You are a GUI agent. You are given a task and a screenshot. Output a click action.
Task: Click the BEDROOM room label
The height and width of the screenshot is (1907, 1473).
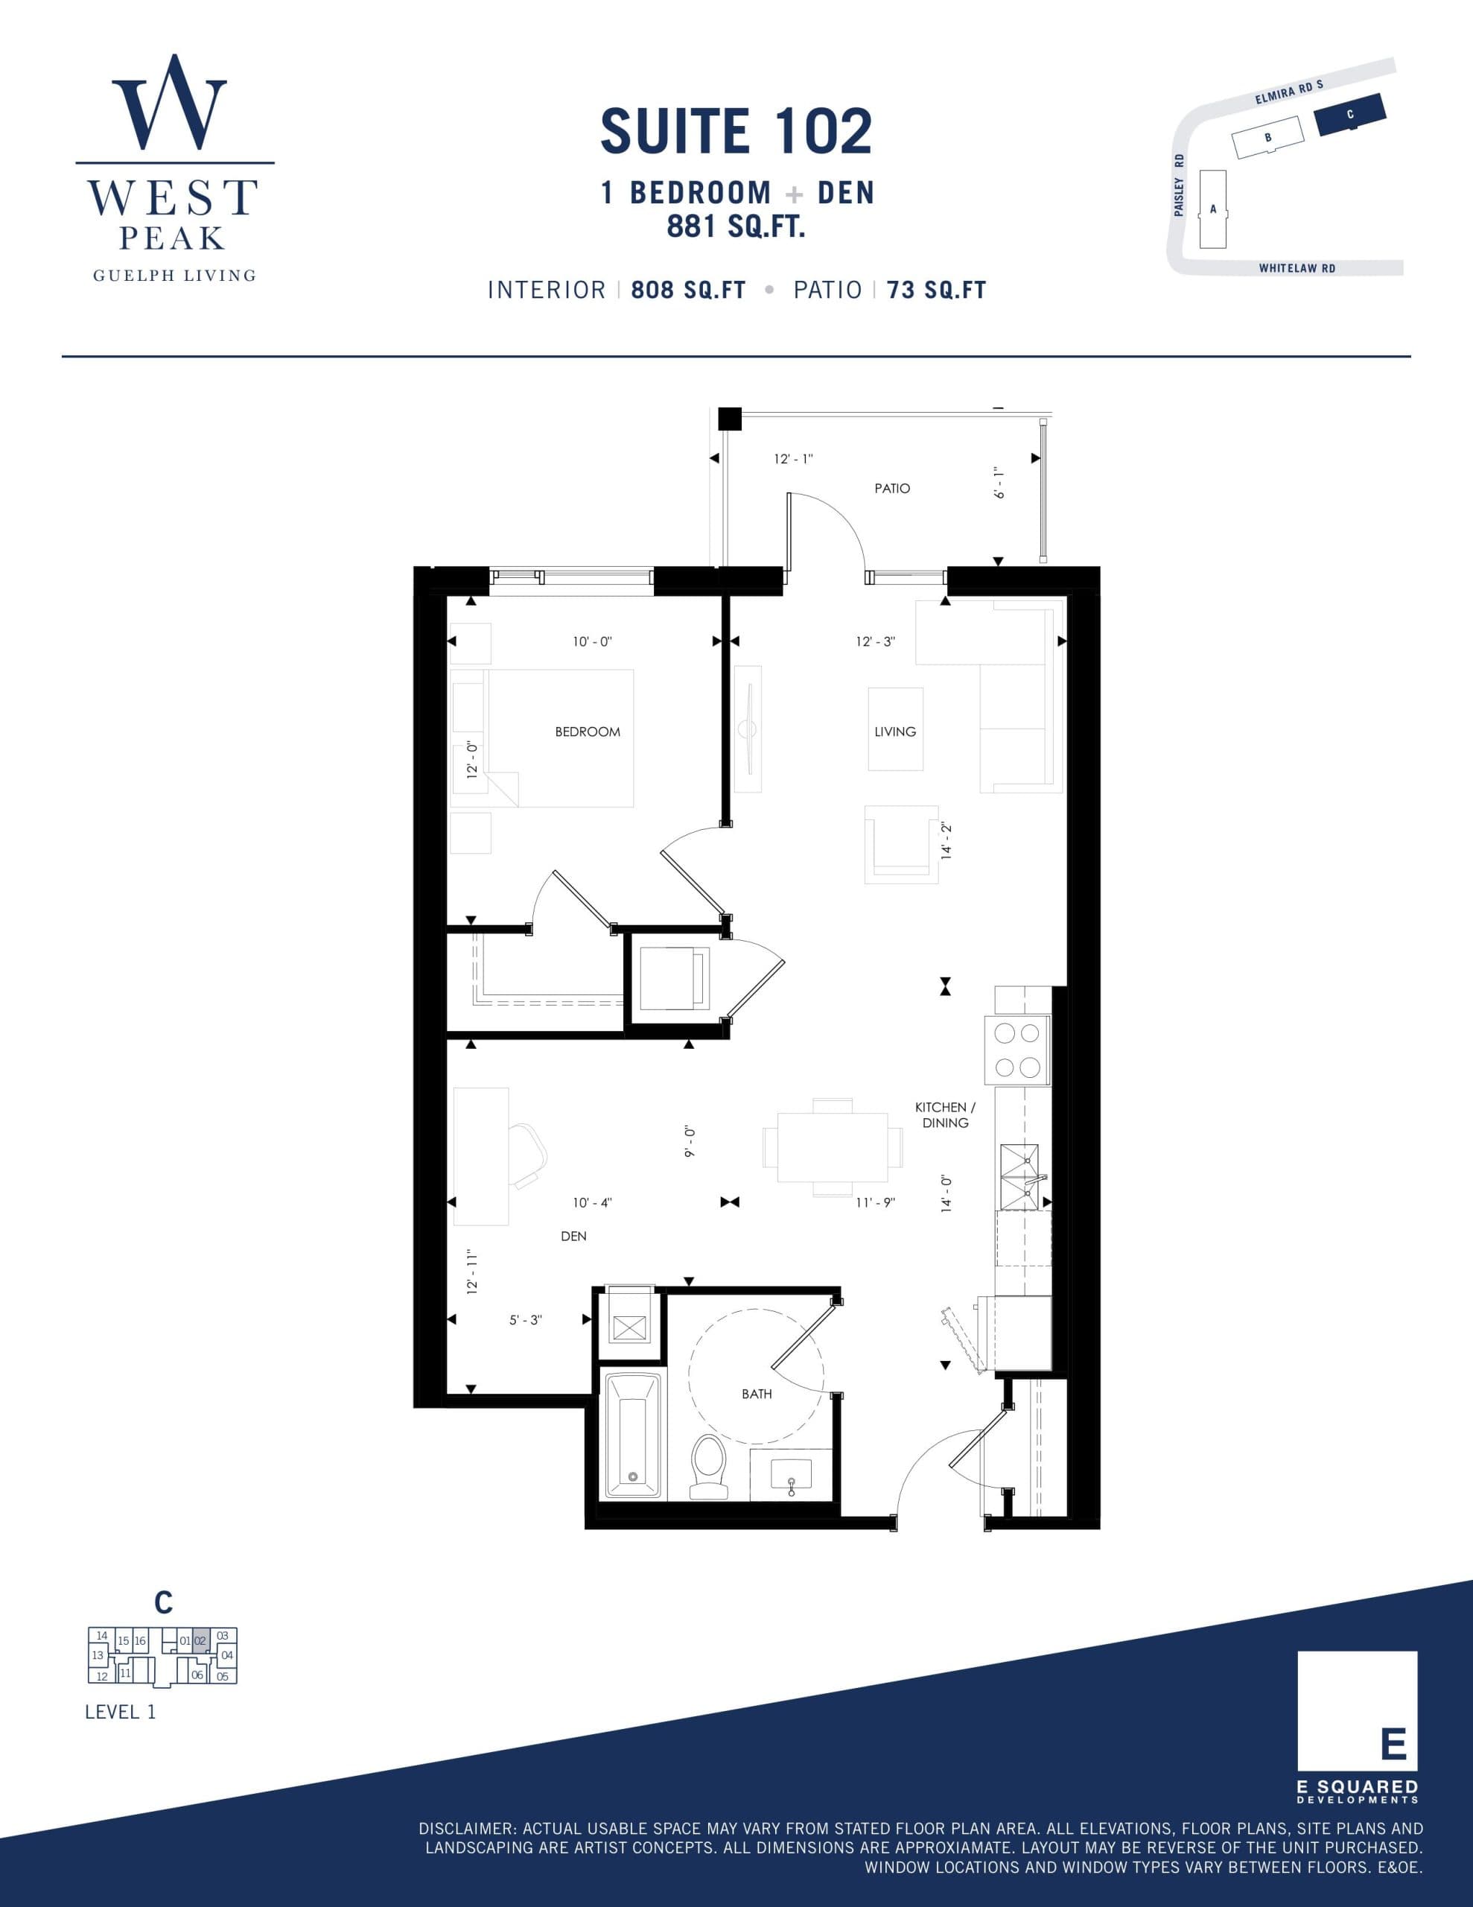click(x=588, y=732)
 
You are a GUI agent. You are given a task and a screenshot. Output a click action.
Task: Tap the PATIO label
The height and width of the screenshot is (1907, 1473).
click(x=892, y=489)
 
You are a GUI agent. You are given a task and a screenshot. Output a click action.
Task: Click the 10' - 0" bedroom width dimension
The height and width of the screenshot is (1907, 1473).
click(x=592, y=642)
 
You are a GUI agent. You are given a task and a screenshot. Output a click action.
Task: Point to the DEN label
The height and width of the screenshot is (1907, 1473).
click(x=573, y=1237)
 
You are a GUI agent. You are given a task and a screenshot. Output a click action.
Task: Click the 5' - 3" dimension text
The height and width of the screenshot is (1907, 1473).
click(x=526, y=1320)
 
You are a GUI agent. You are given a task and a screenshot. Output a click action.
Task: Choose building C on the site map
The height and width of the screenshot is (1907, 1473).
click(x=1350, y=115)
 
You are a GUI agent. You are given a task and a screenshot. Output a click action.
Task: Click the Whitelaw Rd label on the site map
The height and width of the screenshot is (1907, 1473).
click(x=1297, y=268)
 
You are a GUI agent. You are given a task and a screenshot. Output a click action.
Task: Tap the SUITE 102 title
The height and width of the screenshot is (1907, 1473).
click(x=736, y=132)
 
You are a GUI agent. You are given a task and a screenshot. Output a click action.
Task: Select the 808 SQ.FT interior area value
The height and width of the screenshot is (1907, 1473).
click(x=688, y=290)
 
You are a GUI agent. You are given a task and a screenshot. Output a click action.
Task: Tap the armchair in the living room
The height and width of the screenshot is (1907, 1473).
click(x=901, y=844)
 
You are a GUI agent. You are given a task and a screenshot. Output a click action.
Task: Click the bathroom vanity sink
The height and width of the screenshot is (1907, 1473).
click(x=791, y=1476)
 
